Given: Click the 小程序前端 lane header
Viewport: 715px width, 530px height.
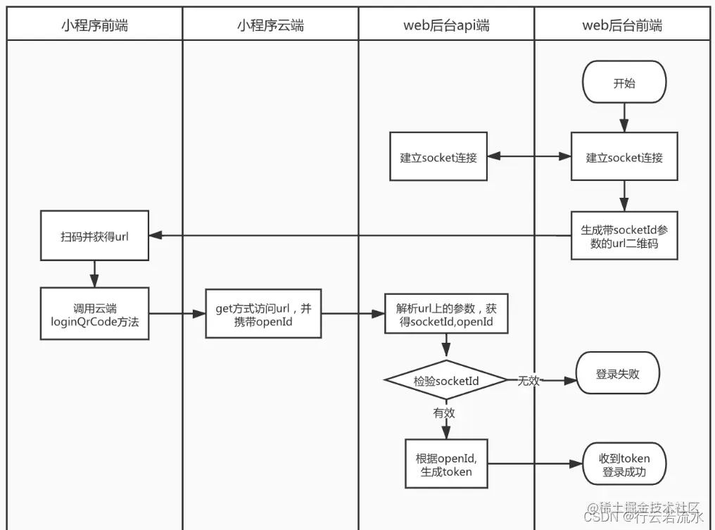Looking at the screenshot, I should point(94,26).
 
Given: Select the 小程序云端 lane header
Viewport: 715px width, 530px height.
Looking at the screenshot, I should point(270,26).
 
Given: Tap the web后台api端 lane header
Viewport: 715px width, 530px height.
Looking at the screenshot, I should point(446,26).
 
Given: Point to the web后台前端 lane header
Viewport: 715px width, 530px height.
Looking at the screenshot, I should point(622,26).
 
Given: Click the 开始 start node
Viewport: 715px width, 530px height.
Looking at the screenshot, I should point(624,83).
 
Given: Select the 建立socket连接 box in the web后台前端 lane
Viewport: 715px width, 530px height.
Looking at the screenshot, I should point(624,157).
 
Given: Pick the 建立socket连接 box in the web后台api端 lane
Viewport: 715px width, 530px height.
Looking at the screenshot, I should point(438,157).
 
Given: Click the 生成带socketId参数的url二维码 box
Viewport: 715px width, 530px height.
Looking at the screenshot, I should point(624,236).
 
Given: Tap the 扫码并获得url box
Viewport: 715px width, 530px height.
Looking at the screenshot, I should point(94,236).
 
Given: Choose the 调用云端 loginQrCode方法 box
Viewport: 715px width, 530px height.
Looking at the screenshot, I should point(94,314).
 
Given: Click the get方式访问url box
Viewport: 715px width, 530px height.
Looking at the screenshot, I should point(263,314).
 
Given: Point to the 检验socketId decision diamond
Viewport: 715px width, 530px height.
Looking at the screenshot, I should point(446,381).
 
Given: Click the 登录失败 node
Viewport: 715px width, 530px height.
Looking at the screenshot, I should point(617,374).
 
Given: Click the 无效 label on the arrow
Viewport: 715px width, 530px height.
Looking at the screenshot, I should point(529,381).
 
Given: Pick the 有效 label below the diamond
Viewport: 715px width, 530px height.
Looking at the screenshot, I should point(444,413).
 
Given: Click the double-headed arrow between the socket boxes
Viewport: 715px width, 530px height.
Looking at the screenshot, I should point(529,157).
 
